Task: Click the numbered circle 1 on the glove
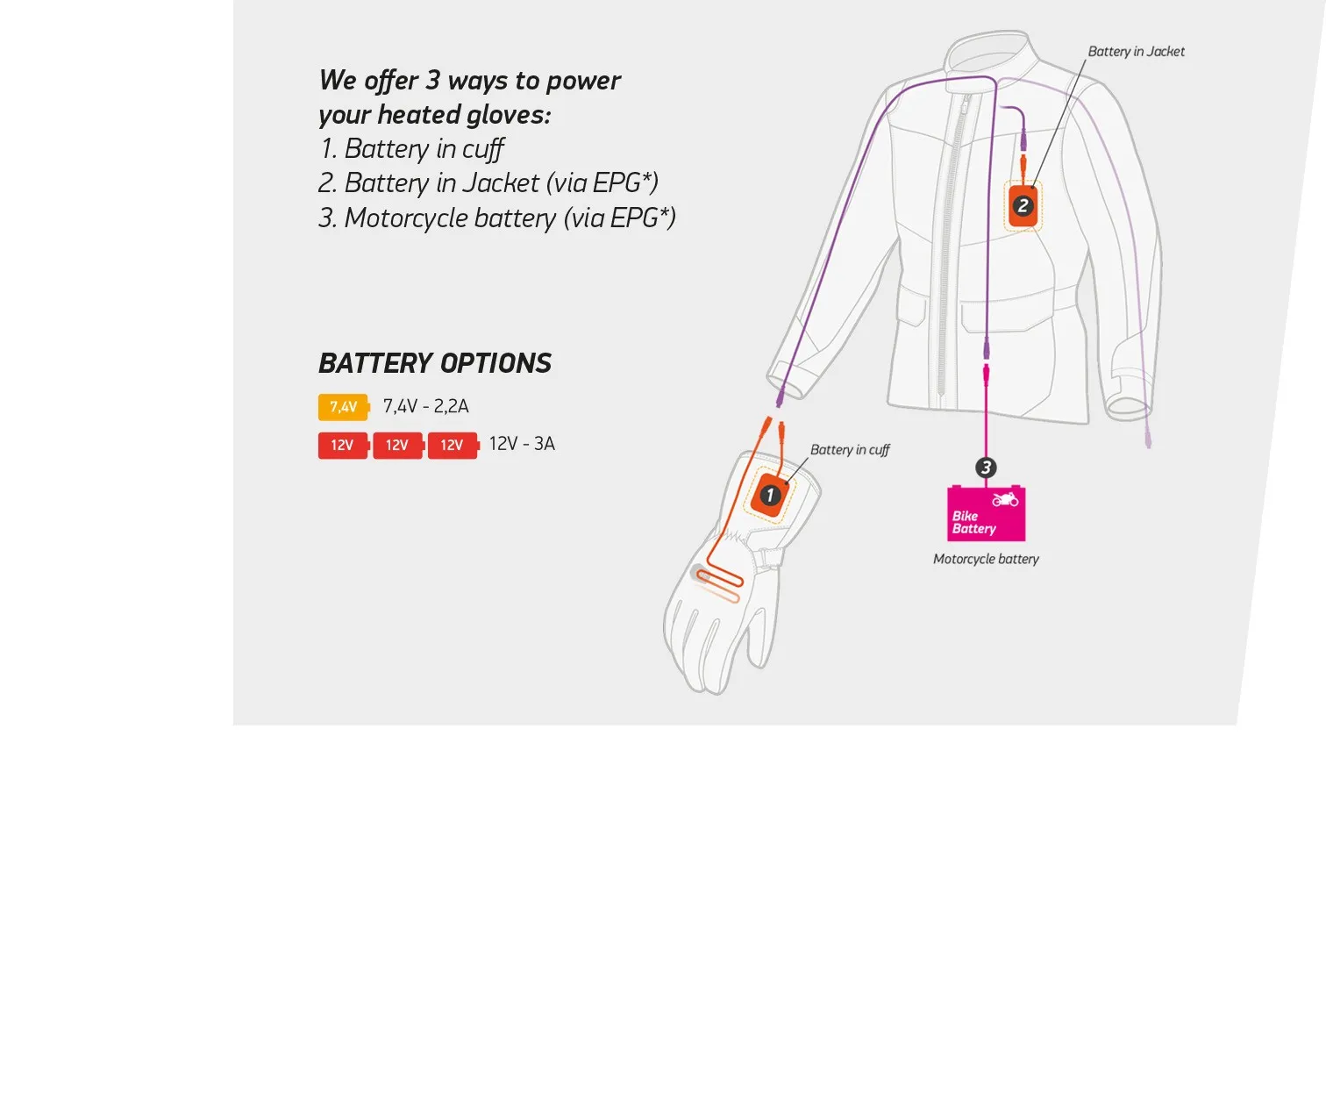[x=770, y=495]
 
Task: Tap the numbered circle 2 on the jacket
[x=1023, y=206]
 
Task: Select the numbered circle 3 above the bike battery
[x=986, y=468]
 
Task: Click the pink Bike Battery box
[x=987, y=515]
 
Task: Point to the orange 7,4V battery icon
[x=343, y=407]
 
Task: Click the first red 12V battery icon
[x=343, y=446]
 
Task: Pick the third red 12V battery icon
[x=453, y=446]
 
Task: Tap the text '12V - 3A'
[x=522, y=444]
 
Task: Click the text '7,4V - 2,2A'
[x=425, y=406]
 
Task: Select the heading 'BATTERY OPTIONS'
[x=434, y=363]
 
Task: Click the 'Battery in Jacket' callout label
[x=1136, y=52]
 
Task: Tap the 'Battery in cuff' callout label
[x=849, y=450]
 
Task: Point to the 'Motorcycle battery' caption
[x=986, y=559]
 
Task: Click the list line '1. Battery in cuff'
[x=411, y=149]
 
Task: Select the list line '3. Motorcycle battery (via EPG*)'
[x=496, y=218]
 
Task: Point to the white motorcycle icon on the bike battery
[x=1005, y=500]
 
